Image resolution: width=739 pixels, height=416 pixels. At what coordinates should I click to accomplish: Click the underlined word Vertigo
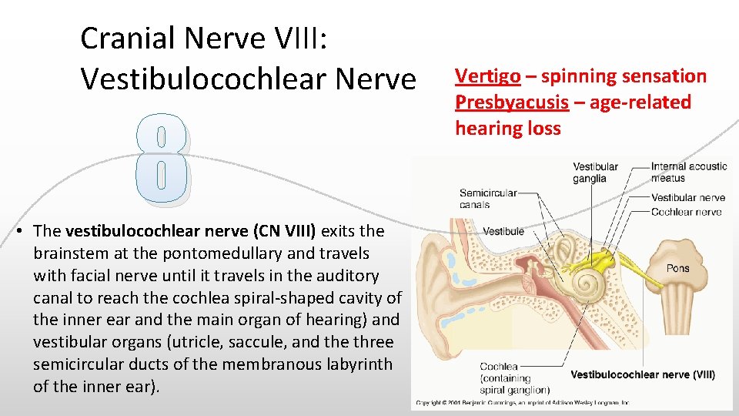click(487, 76)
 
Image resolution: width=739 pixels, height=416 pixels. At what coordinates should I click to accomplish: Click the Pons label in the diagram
click(678, 268)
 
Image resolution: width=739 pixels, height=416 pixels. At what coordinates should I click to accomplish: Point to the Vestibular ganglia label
click(595, 173)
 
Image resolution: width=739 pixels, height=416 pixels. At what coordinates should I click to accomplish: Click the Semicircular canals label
click(488, 199)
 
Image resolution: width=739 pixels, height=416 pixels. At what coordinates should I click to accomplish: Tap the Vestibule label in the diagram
click(503, 230)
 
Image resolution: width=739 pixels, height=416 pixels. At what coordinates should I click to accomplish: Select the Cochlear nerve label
click(687, 212)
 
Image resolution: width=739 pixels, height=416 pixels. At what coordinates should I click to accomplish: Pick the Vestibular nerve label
click(688, 197)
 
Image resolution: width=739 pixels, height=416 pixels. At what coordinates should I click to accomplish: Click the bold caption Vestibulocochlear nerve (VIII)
click(643, 374)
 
